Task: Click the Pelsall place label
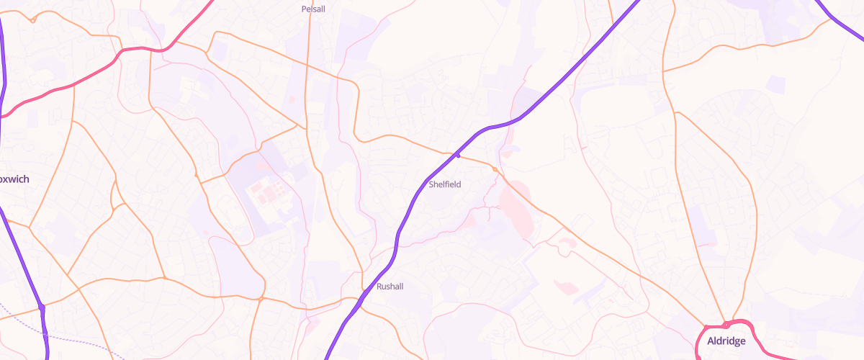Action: [x=313, y=9]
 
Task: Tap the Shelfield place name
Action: [x=444, y=185]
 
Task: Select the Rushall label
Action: [x=390, y=287]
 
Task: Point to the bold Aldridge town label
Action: [x=726, y=341]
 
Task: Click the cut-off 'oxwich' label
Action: [x=14, y=179]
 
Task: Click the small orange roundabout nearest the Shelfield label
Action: [x=495, y=169]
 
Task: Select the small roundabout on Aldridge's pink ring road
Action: [x=726, y=325]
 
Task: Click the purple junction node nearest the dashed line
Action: [x=42, y=307]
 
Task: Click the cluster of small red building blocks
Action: [x=265, y=192]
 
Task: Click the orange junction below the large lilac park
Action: [x=261, y=298]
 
